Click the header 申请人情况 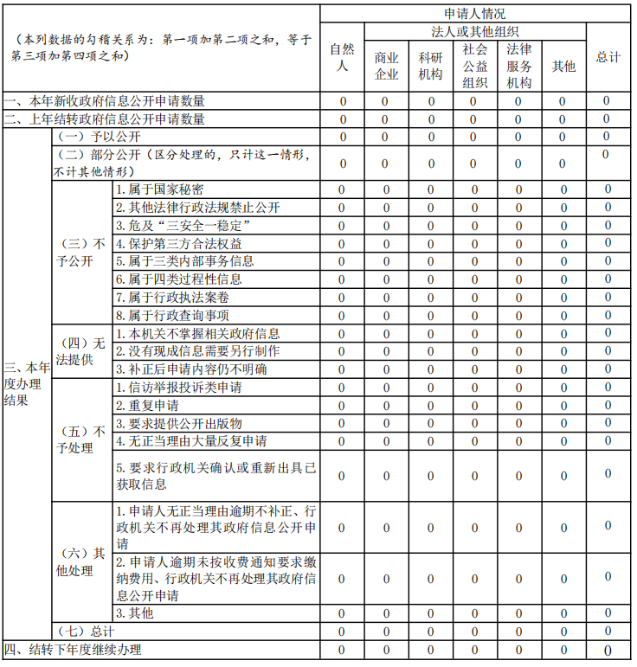click(474, 13)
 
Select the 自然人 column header click(342, 57)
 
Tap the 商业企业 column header click(386, 66)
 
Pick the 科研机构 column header click(431, 66)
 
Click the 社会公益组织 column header click(474, 66)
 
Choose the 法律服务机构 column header click(518, 66)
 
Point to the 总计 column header click(608, 57)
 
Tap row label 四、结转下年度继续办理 click(74, 650)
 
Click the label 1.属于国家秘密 click(160, 189)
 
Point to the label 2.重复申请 click(148, 406)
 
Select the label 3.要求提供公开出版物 click(178, 424)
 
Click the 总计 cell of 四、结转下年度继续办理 click(608, 650)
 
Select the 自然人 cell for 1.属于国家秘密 click(342, 189)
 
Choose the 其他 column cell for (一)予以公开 click(563, 137)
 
